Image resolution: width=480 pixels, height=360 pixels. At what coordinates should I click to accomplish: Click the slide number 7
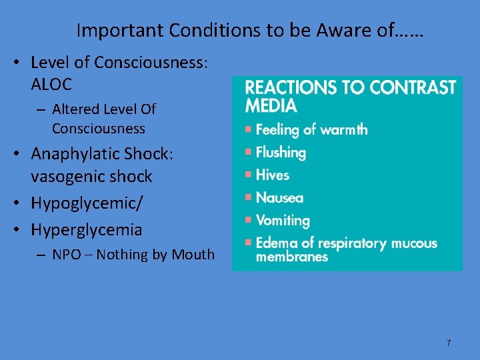pos(449,343)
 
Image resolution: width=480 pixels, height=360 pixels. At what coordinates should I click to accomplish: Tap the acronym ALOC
pos(51,85)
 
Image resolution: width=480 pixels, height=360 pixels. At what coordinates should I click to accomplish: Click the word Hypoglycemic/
pos(86,203)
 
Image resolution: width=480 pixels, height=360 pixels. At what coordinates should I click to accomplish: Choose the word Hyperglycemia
pos(87,230)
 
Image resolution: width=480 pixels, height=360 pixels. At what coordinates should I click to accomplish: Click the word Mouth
pos(193,255)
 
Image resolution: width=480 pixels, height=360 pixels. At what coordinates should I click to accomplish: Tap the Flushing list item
pos(281,153)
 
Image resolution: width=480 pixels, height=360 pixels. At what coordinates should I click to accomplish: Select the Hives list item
pos(273,175)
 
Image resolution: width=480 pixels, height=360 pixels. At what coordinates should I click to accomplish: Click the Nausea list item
pos(279,198)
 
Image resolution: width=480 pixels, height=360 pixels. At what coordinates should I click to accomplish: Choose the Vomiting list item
pos(283,221)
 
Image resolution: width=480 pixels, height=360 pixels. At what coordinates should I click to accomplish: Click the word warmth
pos(342,129)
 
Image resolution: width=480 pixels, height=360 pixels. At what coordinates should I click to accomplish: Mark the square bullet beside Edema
pos(248,242)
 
